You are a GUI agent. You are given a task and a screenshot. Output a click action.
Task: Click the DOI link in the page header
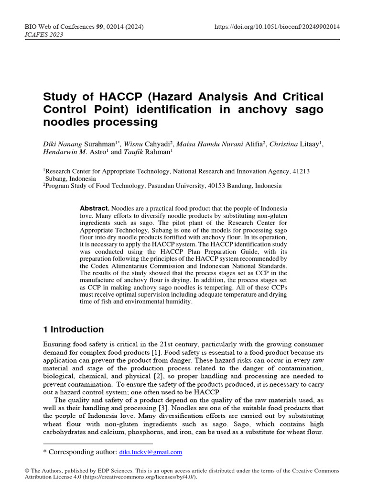[279, 27]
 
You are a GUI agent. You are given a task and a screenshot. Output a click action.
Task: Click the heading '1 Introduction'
[73, 329]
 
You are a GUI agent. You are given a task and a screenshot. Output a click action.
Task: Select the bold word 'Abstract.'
[95, 209]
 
